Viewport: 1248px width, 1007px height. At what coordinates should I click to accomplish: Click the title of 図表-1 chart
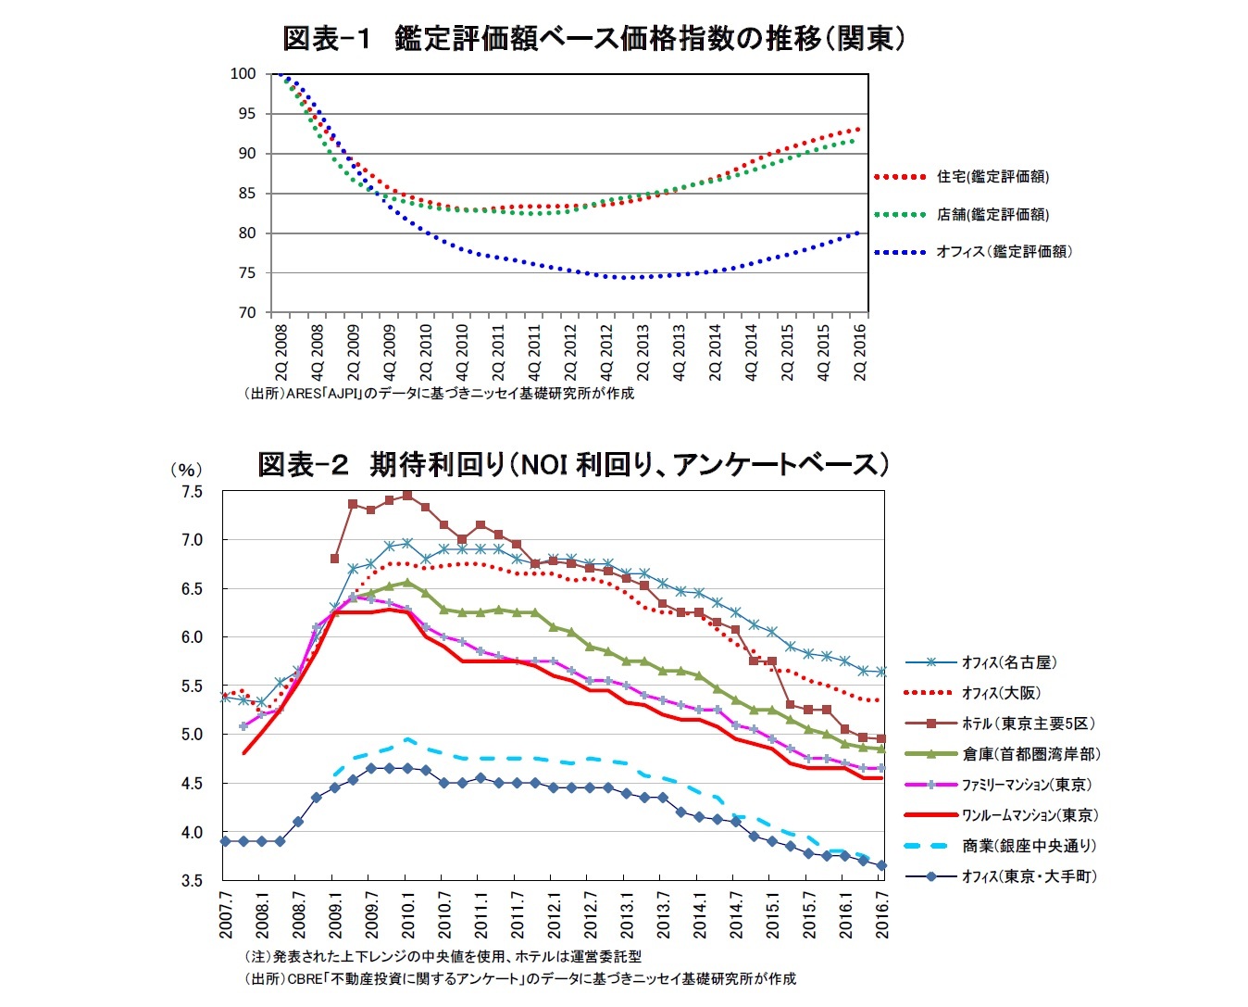pyautogui.click(x=593, y=38)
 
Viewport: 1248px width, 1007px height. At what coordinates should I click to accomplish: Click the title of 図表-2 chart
pyautogui.click(x=573, y=463)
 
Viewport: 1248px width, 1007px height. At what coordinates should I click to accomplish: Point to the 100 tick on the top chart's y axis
pyautogui.click(x=243, y=74)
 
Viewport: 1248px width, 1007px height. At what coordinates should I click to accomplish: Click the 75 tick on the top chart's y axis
pyautogui.click(x=246, y=273)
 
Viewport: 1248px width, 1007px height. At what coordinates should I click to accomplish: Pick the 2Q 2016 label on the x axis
pyautogui.click(x=860, y=352)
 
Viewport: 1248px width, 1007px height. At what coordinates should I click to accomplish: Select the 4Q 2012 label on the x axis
pyautogui.click(x=607, y=352)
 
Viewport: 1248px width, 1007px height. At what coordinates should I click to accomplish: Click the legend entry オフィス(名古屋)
pyautogui.click(x=1008, y=662)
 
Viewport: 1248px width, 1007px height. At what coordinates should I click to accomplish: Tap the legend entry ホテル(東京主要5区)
pyautogui.click(x=1028, y=724)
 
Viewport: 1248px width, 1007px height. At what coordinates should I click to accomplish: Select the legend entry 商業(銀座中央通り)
pyautogui.click(x=1029, y=846)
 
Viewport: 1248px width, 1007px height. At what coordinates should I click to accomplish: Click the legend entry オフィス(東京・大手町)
pyautogui.click(x=1029, y=876)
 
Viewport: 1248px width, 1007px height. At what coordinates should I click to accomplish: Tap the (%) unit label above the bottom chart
pyautogui.click(x=185, y=470)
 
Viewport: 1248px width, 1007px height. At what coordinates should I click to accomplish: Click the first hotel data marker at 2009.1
pyautogui.click(x=334, y=559)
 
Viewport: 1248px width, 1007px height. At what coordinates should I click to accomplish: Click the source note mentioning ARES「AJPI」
pyautogui.click(x=439, y=393)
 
